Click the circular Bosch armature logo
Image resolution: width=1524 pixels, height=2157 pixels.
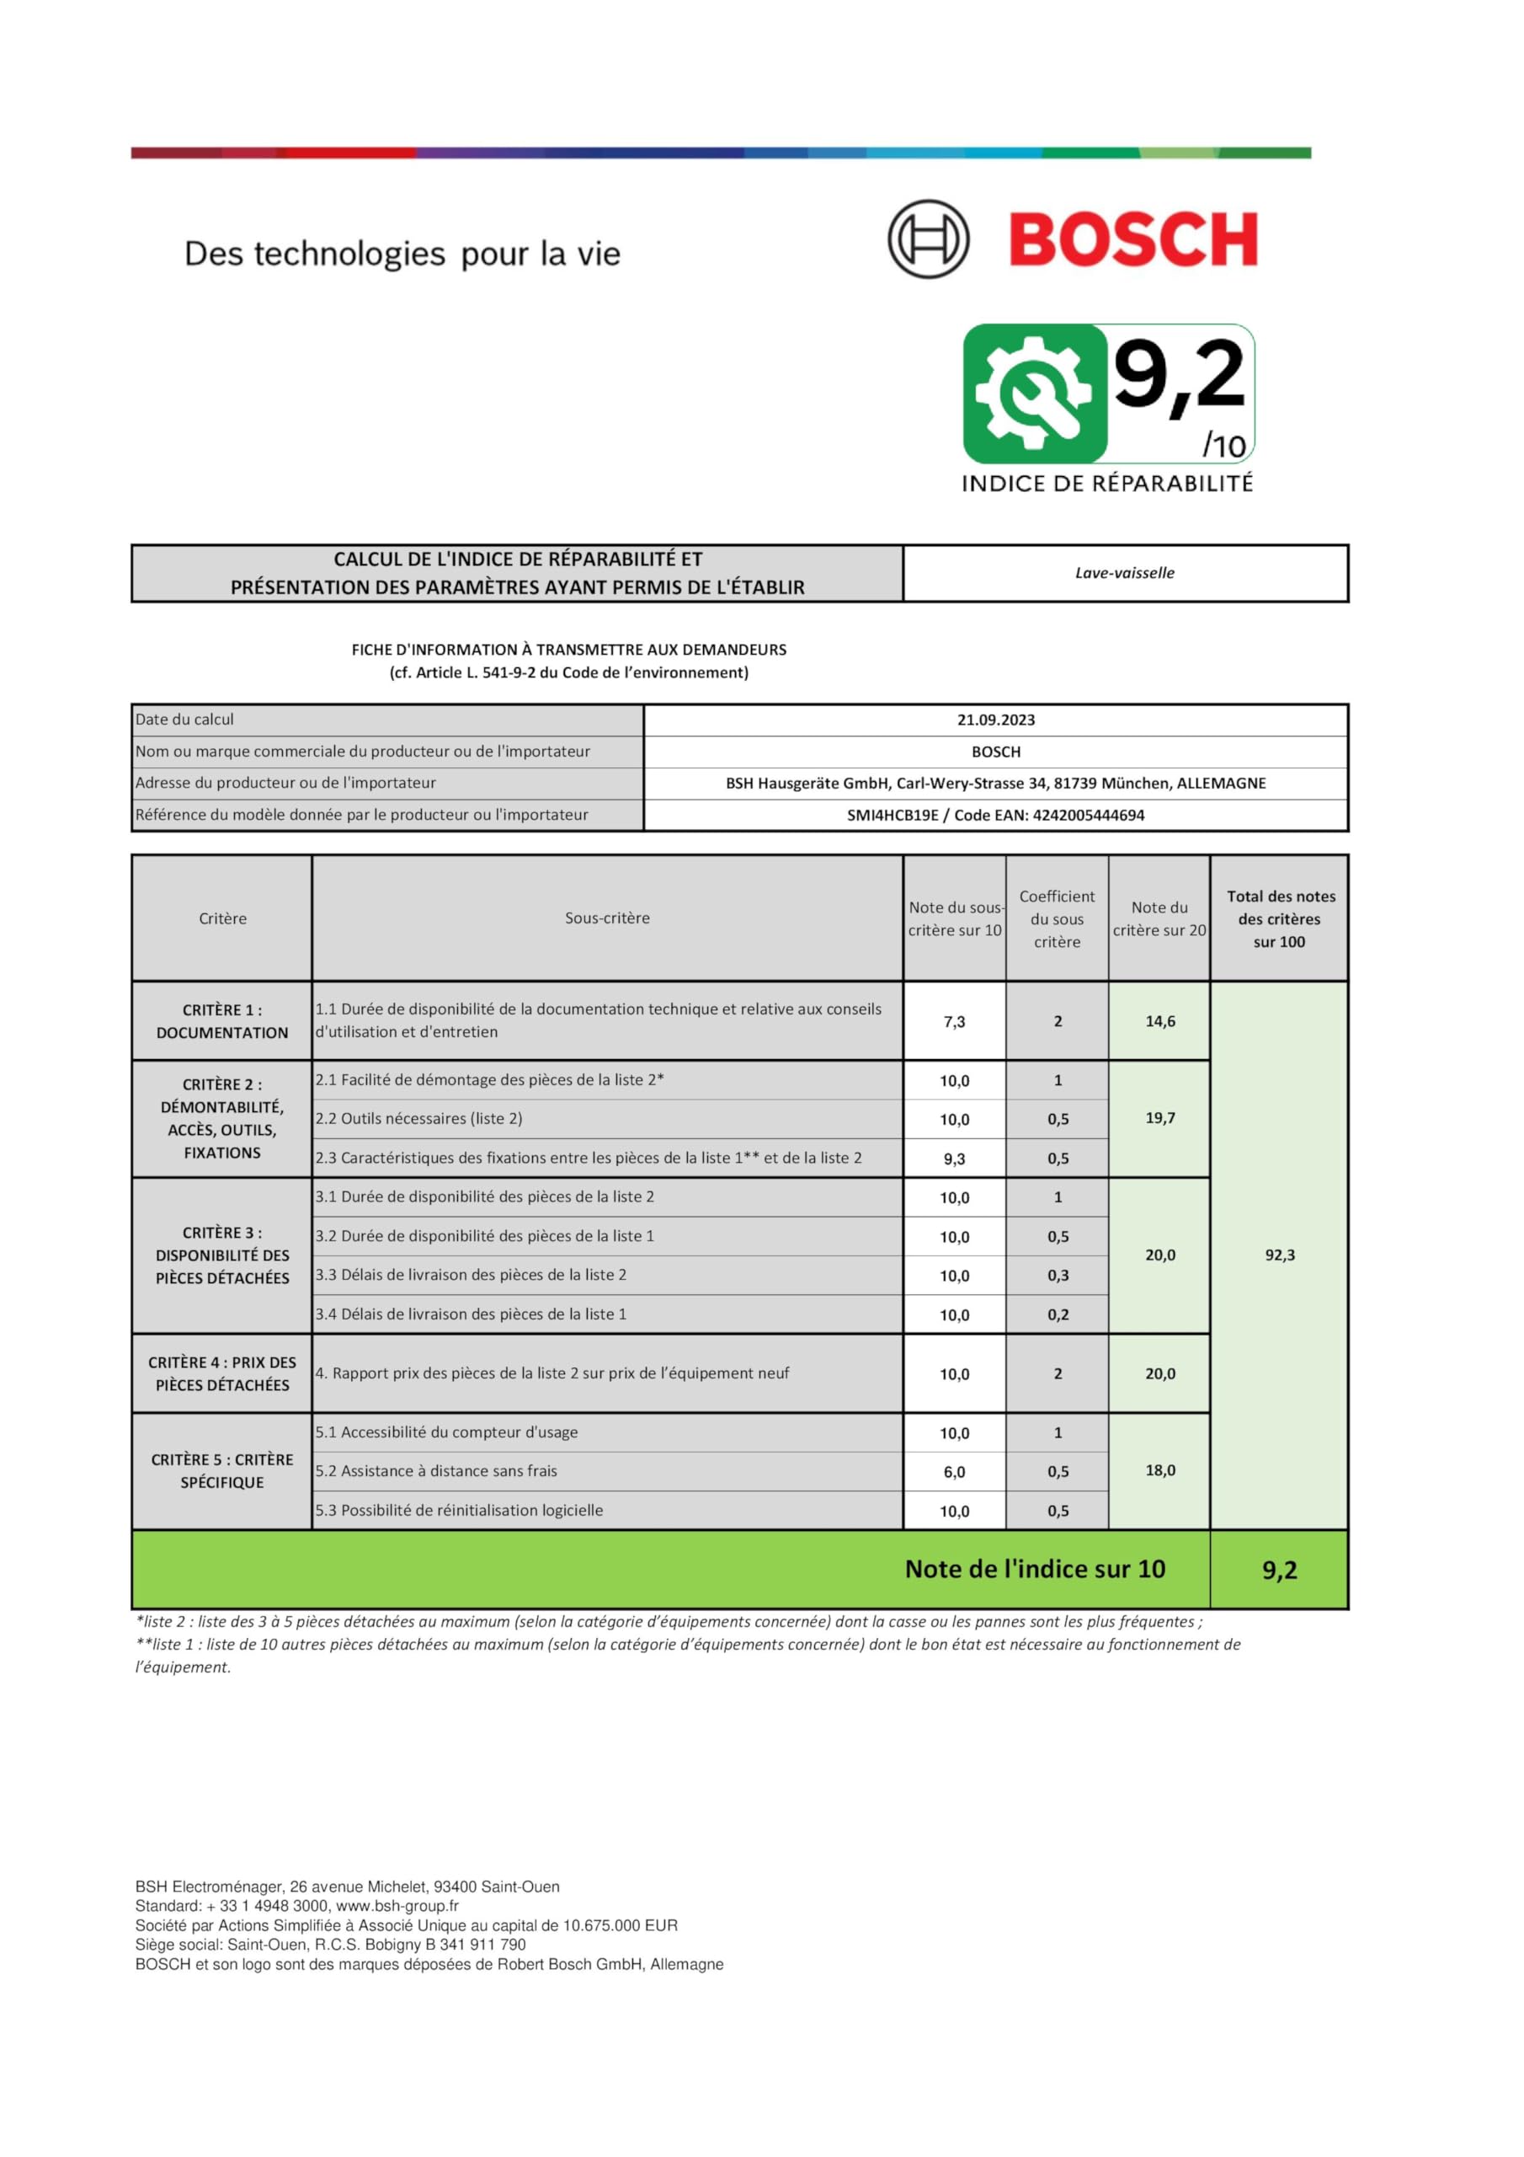tap(928, 238)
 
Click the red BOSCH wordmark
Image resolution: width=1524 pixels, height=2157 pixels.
tap(1132, 239)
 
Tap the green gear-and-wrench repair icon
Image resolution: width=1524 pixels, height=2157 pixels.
tap(1034, 393)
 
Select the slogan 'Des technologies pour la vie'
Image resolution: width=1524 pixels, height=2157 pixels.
tap(402, 254)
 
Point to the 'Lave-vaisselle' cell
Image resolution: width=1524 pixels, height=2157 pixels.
tap(1124, 573)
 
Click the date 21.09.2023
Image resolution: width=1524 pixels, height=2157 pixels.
tap(995, 720)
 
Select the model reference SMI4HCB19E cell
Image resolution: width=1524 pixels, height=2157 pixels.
tap(995, 816)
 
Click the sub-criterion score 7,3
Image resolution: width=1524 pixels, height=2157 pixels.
tap(954, 1021)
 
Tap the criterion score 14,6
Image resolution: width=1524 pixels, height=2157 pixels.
tap(1159, 1021)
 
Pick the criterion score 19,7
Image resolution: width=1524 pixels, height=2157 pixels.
tap(1159, 1118)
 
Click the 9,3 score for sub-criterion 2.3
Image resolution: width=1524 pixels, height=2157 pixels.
tap(954, 1159)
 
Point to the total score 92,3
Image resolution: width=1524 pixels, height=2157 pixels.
tap(1279, 1255)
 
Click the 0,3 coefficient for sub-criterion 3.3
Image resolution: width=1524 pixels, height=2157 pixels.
tap(1058, 1276)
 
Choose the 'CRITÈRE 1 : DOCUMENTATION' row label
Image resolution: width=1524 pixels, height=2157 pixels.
tap(221, 1021)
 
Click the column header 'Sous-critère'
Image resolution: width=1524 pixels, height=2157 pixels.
tap(606, 918)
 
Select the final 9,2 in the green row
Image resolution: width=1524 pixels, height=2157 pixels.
tap(1279, 1570)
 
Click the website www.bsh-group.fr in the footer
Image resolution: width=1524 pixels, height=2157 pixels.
tap(397, 1906)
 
